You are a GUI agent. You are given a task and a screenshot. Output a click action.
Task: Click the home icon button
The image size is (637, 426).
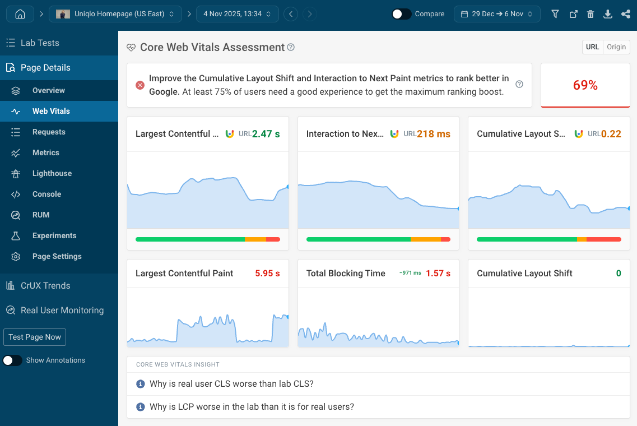click(20, 14)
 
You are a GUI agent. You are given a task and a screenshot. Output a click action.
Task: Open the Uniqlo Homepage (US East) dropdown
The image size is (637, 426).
click(115, 14)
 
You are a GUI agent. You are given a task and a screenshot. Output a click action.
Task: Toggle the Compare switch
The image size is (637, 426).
click(401, 14)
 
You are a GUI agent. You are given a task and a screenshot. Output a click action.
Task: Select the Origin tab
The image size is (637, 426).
click(616, 47)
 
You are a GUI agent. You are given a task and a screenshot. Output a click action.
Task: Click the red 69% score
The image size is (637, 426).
click(585, 85)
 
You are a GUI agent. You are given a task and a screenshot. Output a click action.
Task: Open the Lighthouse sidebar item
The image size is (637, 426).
click(52, 173)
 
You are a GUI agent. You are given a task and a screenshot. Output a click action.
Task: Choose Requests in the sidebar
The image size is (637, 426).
click(49, 132)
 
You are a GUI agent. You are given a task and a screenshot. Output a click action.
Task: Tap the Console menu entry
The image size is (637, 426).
click(47, 194)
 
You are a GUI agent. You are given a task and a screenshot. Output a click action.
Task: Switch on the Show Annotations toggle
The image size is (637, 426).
click(13, 360)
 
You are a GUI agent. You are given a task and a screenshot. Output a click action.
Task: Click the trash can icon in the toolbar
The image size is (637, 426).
click(590, 14)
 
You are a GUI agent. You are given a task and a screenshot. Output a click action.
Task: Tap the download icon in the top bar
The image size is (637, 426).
click(608, 14)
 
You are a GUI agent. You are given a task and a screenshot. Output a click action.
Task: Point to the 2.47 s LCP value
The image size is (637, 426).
click(266, 134)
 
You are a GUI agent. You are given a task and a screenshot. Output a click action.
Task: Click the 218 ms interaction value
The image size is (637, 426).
click(434, 134)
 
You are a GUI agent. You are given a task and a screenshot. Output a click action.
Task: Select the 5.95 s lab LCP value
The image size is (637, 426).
click(267, 274)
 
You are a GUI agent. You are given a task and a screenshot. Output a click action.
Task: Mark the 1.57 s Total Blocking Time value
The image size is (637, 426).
click(438, 274)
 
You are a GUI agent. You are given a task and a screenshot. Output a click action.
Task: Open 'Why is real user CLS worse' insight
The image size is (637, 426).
click(231, 384)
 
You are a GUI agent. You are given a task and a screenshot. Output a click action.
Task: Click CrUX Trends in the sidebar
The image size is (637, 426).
click(45, 285)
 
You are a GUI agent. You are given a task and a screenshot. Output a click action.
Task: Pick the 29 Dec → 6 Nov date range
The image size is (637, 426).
click(497, 14)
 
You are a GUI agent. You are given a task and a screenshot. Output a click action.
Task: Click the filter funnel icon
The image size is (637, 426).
click(555, 14)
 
